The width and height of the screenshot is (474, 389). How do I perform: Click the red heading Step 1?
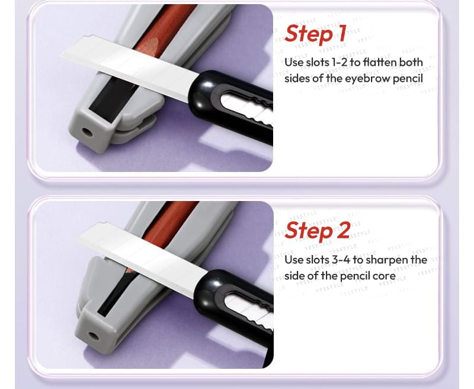pos(315,34)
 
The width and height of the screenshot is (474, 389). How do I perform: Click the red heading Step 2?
pos(318,231)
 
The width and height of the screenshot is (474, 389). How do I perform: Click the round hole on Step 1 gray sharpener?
pos(87,132)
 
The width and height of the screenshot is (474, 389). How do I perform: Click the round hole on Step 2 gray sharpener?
pos(93,336)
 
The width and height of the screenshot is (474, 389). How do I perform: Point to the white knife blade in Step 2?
pos(142,260)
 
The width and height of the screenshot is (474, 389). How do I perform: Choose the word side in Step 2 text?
pos(295,276)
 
